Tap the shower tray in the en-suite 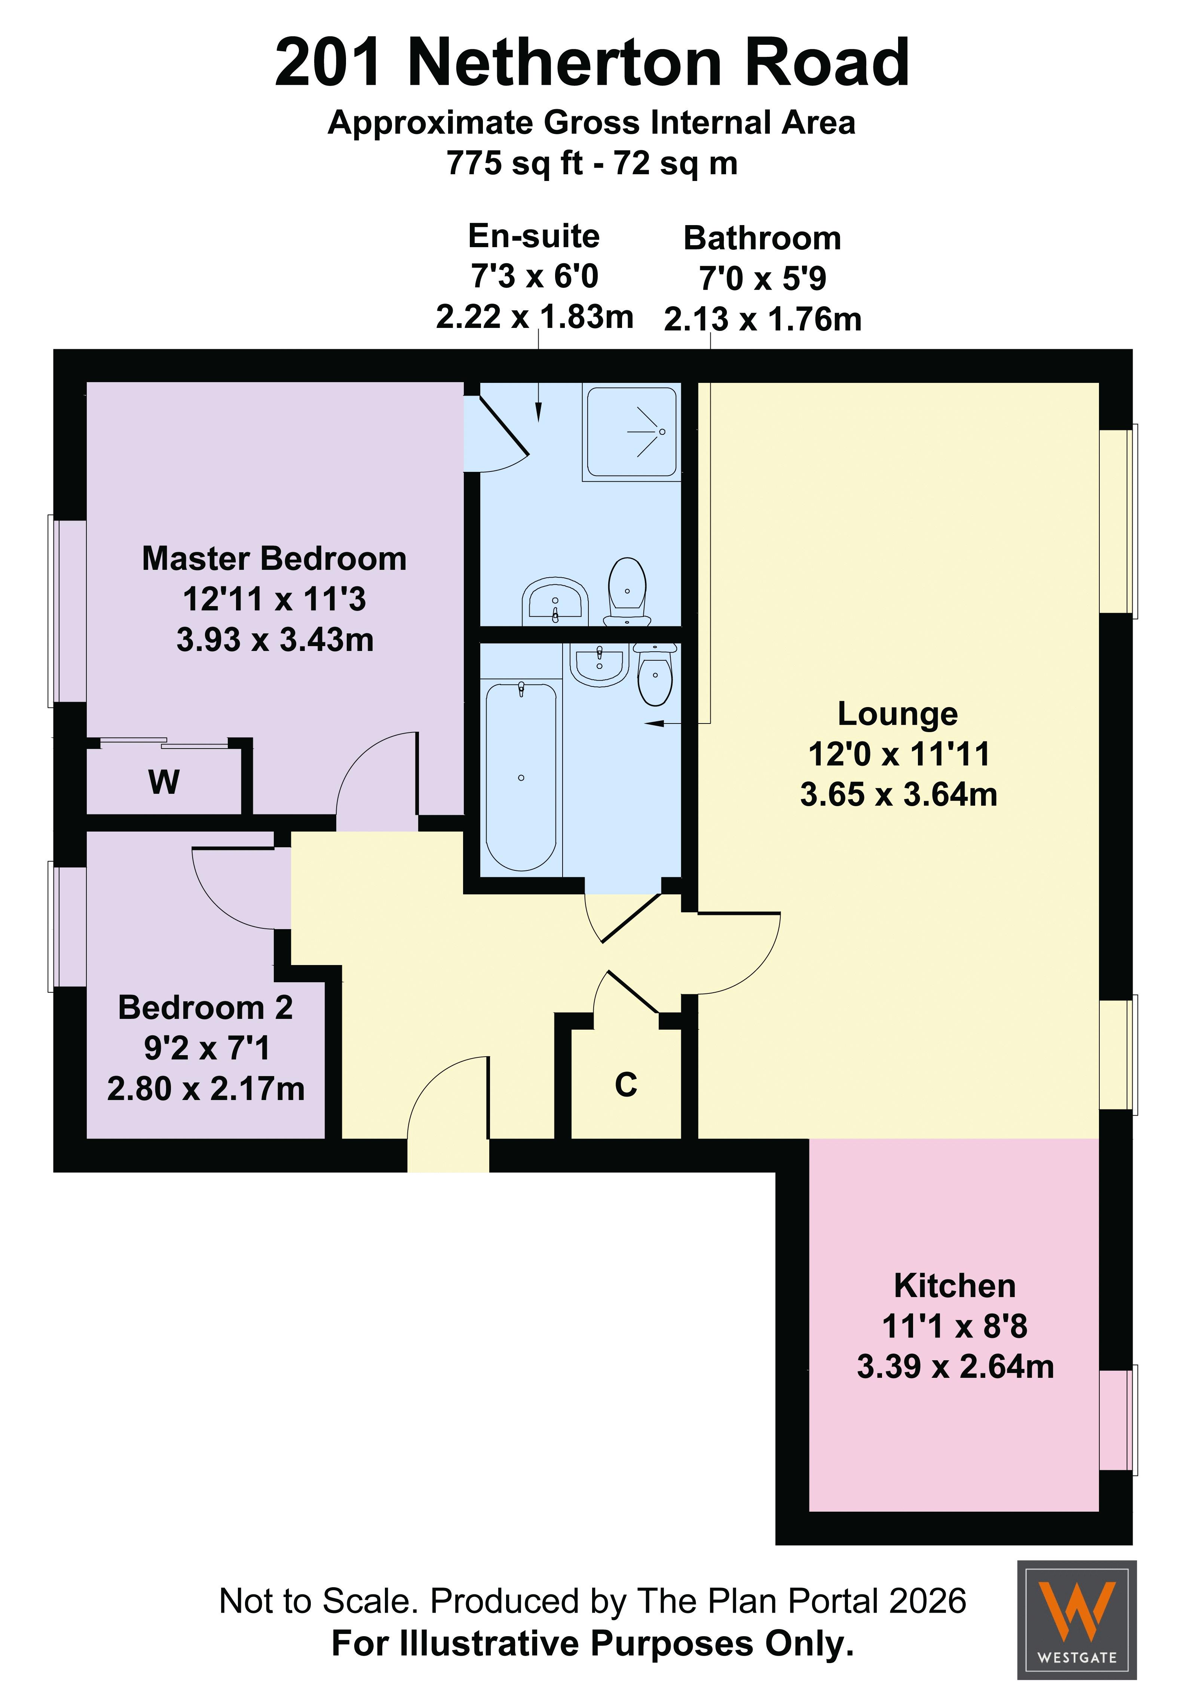[x=631, y=431]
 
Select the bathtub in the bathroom [x=521, y=775]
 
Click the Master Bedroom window [x=67, y=611]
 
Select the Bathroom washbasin [x=599, y=664]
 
